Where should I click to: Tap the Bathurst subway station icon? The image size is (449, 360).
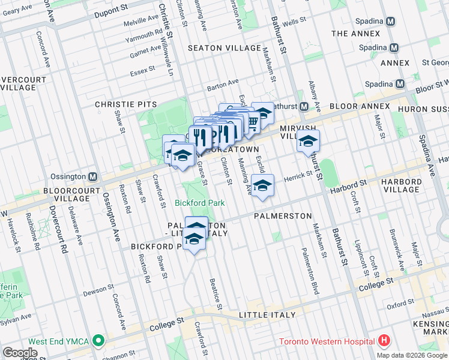tap(304, 107)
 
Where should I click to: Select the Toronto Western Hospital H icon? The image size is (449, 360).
tap(384, 341)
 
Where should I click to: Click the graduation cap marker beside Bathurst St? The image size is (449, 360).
tap(308, 142)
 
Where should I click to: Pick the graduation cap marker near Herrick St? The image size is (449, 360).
tap(262, 186)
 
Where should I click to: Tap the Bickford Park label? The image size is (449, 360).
tap(200, 203)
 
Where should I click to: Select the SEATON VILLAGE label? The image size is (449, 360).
tap(224, 48)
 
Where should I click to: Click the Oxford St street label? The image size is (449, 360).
tap(400, 305)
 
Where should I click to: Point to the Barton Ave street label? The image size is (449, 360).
tap(223, 85)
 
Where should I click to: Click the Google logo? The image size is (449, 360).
tap(20, 353)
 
